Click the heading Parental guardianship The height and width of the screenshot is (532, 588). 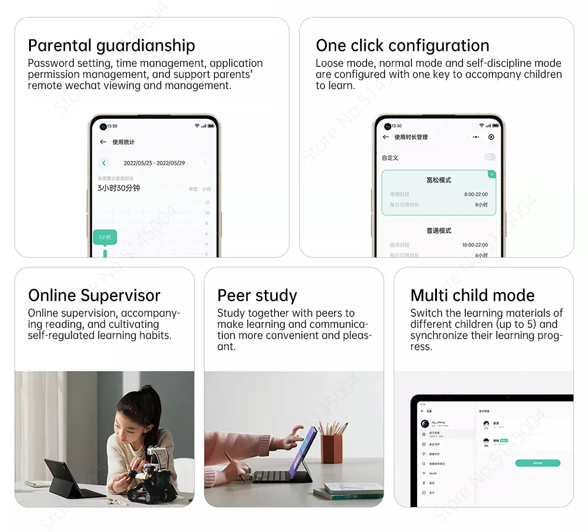(111, 46)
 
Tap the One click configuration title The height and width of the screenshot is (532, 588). (402, 46)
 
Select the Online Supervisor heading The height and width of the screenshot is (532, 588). (94, 296)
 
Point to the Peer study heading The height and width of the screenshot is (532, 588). (257, 296)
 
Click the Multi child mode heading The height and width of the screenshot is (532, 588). (472, 296)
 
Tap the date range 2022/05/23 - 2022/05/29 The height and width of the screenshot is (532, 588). (154, 163)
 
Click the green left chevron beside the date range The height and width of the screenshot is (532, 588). (104, 163)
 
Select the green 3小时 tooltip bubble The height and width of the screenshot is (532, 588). (105, 237)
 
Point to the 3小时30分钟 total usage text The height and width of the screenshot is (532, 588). (119, 188)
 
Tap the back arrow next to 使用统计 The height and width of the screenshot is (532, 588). (103, 142)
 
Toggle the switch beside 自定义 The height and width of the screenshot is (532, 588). (490, 158)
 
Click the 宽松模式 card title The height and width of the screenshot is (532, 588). (439, 181)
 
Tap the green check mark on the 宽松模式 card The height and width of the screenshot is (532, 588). (491, 174)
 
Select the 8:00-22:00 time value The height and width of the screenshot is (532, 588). (475, 194)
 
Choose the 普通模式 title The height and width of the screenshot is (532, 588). (439, 231)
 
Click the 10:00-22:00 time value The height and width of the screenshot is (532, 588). (475, 245)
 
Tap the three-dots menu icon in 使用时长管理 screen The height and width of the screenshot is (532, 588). (475, 137)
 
